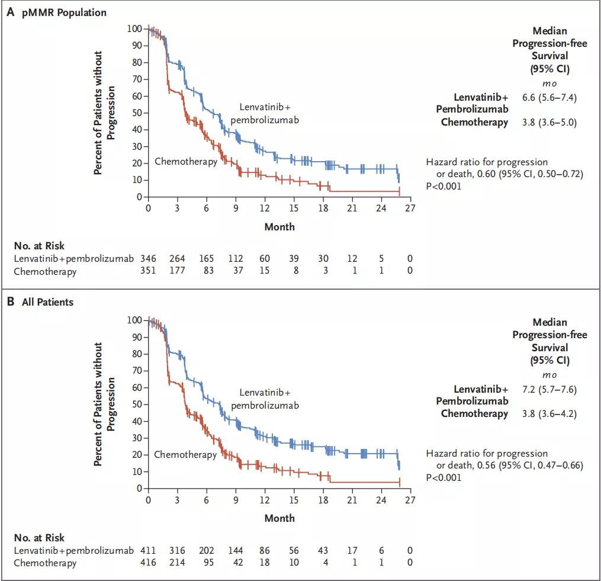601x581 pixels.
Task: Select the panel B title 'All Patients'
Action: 48,302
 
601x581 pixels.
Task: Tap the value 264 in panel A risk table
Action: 177,258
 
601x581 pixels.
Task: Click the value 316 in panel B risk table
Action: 177,550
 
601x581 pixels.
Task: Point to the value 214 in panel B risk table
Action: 177,563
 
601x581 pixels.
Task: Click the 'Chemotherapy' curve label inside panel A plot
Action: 186,161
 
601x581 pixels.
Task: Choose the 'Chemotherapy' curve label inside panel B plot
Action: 185,455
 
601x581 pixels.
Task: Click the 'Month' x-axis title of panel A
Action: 279,226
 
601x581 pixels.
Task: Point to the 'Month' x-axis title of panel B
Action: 279,518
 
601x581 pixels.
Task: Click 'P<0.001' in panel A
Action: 443,186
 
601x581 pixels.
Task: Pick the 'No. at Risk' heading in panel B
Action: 39,538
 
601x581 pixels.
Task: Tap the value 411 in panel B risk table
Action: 148,550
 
